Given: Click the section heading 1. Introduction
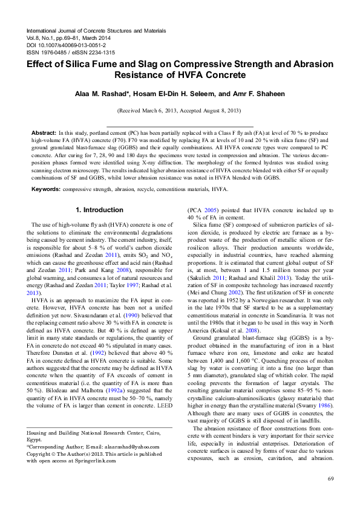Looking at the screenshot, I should (99, 210).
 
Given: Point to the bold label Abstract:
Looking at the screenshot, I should (44, 132).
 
